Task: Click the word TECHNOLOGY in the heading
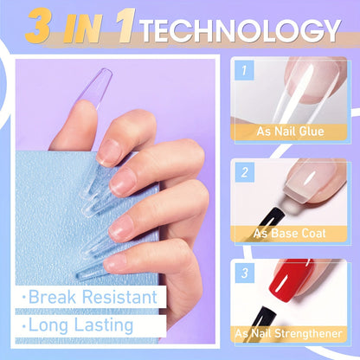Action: coord(240,29)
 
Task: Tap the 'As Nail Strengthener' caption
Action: coord(292,333)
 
